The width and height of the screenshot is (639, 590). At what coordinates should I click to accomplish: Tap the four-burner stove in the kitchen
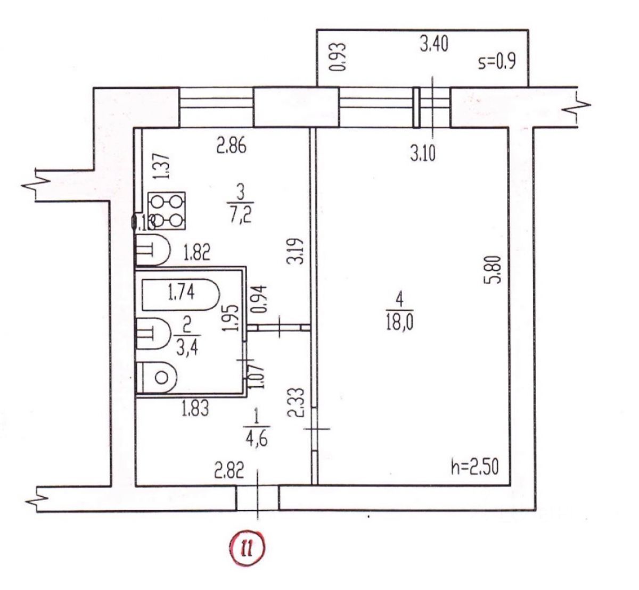(167, 210)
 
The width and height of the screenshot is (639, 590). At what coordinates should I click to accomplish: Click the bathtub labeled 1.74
(179, 294)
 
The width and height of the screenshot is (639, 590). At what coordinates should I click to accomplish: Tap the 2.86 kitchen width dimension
(231, 146)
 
